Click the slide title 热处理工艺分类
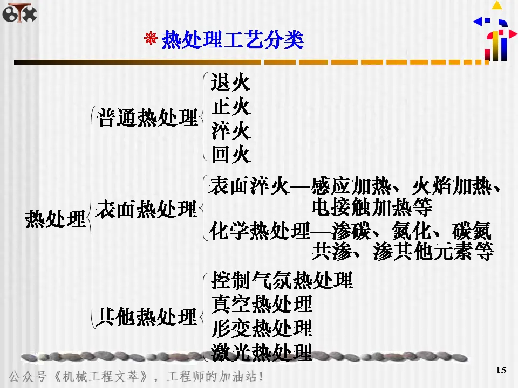pos(233,40)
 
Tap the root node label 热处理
pos(56,220)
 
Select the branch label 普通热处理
pos(147,117)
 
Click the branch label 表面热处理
pos(146,209)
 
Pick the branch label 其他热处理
pos(146,316)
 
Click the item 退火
pos(231,83)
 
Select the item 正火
pos(231,107)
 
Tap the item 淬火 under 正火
pos(231,131)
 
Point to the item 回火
pos(231,155)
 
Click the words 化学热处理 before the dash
pos(260,232)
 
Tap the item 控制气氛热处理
pos(282,280)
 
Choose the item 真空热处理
pos(262,304)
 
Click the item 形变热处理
pos(262,328)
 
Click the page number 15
pos(501,370)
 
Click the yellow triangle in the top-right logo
pos(496,5)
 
